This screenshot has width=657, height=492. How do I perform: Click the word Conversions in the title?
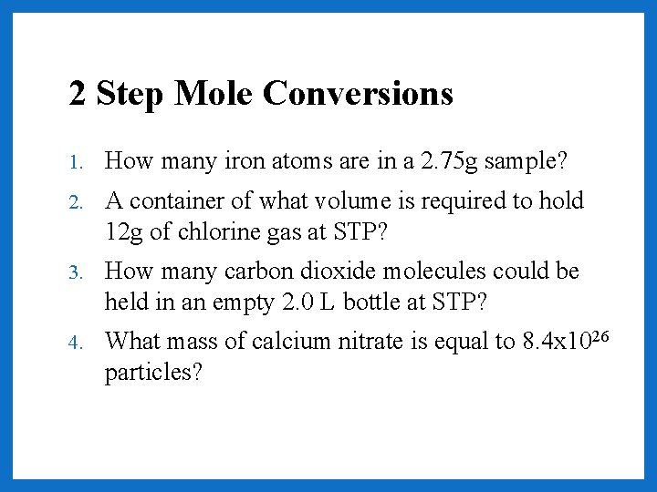coord(358,93)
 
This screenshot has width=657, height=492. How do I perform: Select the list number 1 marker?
coord(78,163)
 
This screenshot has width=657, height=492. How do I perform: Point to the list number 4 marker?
coord(78,343)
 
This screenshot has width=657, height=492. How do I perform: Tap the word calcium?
coord(287,342)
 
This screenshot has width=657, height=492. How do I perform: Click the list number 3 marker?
coord(78,272)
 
